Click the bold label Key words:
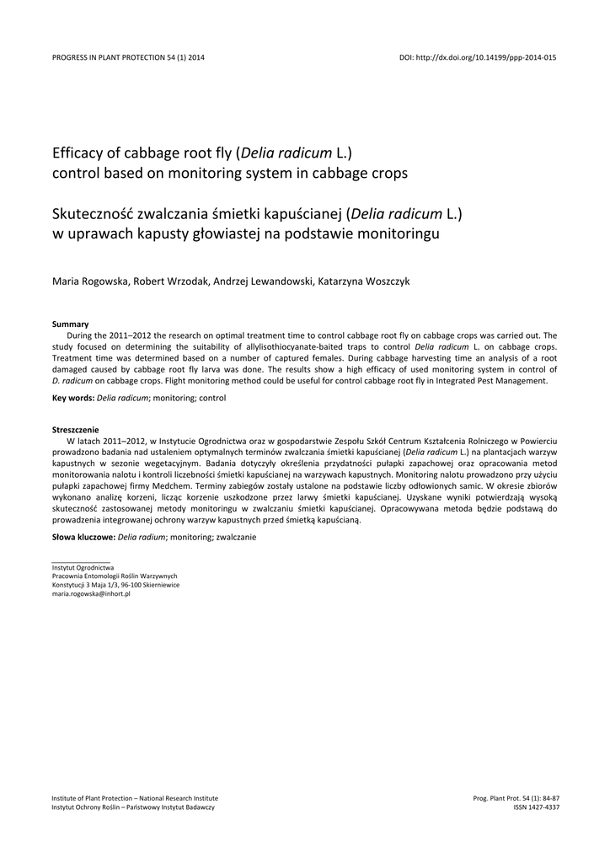pos(73,397)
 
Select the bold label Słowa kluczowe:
pos(83,536)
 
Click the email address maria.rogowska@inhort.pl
pos(91,593)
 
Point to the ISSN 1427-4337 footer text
pos(536,807)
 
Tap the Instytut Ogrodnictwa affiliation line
pos(83,568)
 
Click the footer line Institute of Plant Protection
pos(135,797)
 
